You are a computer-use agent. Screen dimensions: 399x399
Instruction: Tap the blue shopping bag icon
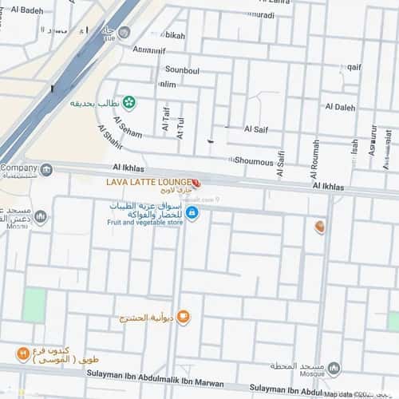point(192,213)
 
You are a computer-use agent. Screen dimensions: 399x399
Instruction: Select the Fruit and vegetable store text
point(145,223)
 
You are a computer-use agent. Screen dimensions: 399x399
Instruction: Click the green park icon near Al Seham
point(128,102)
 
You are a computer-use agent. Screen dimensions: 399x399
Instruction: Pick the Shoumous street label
point(253,161)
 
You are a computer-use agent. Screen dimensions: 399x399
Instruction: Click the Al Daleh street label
point(340,107)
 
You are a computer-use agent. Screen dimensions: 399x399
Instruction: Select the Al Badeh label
point(27,10)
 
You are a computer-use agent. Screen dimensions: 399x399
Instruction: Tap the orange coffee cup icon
point(184,318)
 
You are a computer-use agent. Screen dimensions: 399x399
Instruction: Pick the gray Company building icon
point(46,169)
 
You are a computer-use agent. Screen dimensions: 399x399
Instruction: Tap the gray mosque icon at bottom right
point(334,369)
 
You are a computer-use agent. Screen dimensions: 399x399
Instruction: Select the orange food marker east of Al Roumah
point(320,227)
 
